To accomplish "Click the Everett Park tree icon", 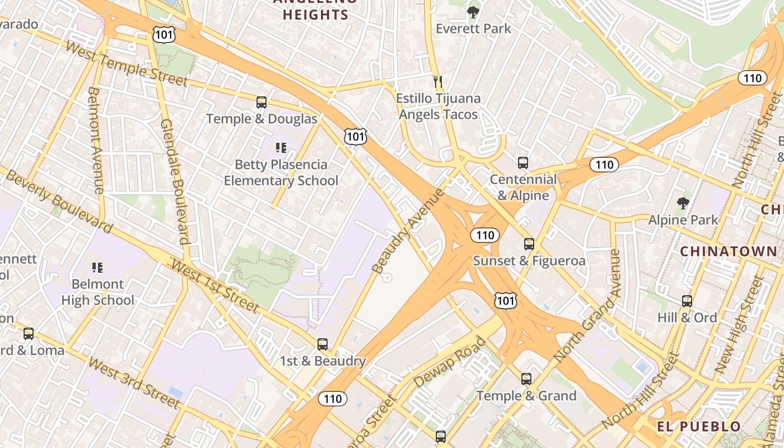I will [x=473, y=11].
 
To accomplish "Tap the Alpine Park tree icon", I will [x=683, y=203].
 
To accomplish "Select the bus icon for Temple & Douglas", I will [x=262, y=102].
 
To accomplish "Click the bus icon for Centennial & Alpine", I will [x=522, y=163].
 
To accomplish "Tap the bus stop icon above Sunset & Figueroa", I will [x=529, y=244].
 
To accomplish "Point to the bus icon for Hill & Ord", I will [x=687, y=301].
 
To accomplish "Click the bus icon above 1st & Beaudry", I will [x=323, y=344].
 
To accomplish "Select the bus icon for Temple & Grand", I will [x=526, y=379].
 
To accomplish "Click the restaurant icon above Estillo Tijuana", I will [x=438, y=82].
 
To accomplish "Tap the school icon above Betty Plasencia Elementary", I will [x=281, y=148].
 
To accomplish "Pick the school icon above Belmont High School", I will [x=97, y=268].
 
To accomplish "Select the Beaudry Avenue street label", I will [x=408, y=231].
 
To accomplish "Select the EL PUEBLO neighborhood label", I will [x=699, y=427].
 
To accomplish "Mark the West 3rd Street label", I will [x=134, y=383].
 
